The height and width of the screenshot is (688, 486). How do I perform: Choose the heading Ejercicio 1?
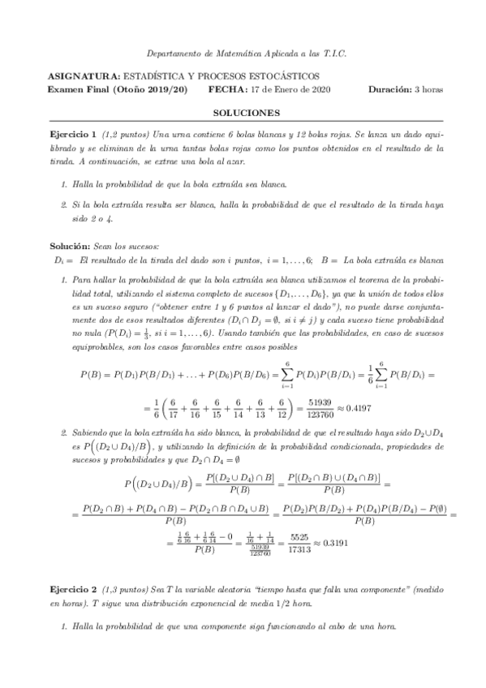[72, 134]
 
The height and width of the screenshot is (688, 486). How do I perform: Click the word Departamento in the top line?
[170, 53]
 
